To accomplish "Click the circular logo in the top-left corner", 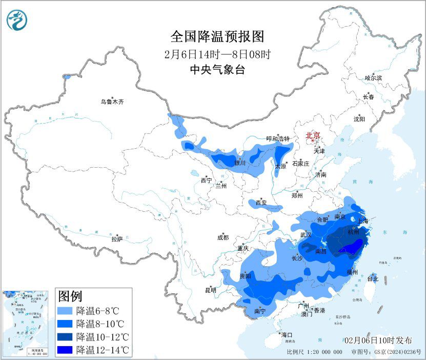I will (17, 20).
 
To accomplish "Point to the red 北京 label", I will (313, 135).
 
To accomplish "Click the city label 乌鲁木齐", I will (112, 102).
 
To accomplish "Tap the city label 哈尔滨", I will (373, 78).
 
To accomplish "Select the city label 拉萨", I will (117, 238).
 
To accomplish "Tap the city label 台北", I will (373, 279).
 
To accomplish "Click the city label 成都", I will (223, 237).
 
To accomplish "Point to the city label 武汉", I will (306, 235).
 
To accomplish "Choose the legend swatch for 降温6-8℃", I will (65, 311).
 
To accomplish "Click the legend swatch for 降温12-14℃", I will (65, 350).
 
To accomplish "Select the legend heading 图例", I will (70, 296).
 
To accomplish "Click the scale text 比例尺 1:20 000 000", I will (314, 352).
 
